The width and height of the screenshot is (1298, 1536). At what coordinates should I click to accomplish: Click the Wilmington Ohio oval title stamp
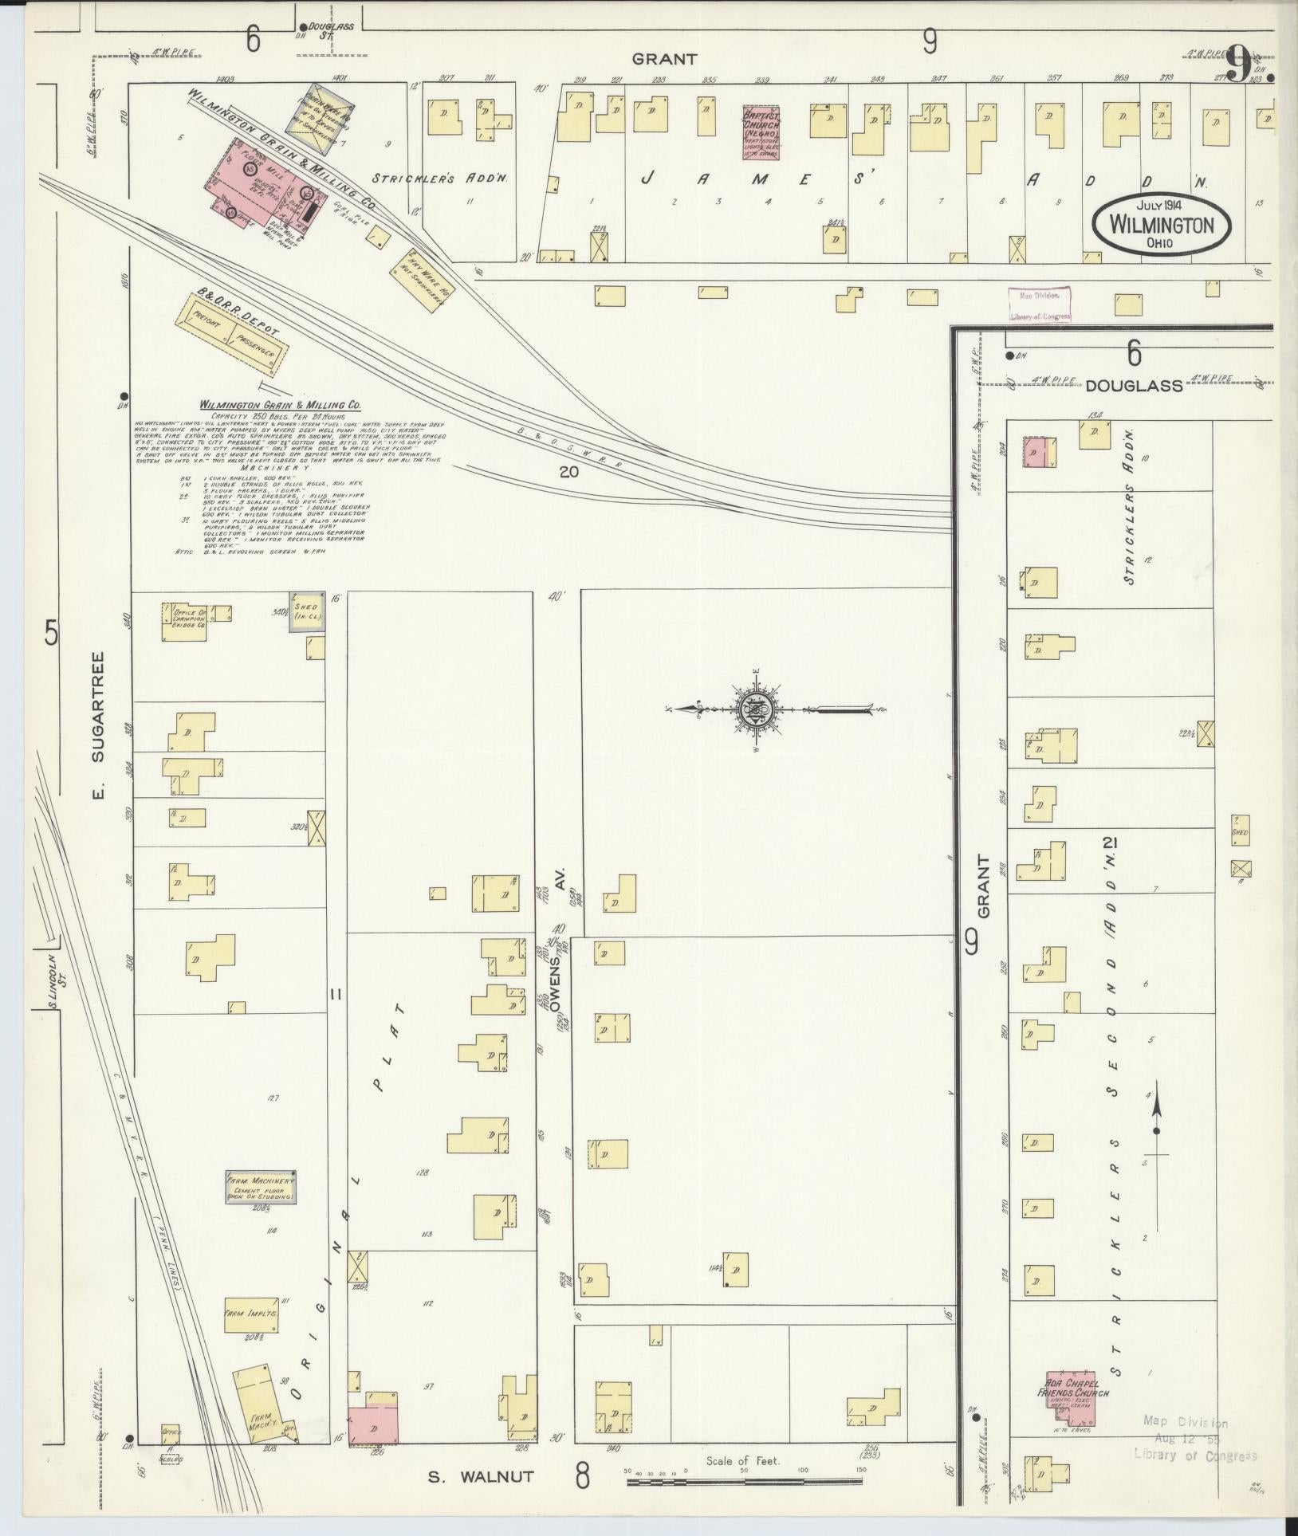pos(1161,224)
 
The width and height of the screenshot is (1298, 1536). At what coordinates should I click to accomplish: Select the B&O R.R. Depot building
pos(231,334)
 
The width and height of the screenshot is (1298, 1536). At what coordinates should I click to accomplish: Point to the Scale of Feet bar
pos(745,1481)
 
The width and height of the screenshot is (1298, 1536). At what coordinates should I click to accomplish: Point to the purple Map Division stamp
pos(1040,305)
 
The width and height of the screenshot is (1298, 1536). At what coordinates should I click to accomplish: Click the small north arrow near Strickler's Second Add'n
pos(1156,1117)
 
